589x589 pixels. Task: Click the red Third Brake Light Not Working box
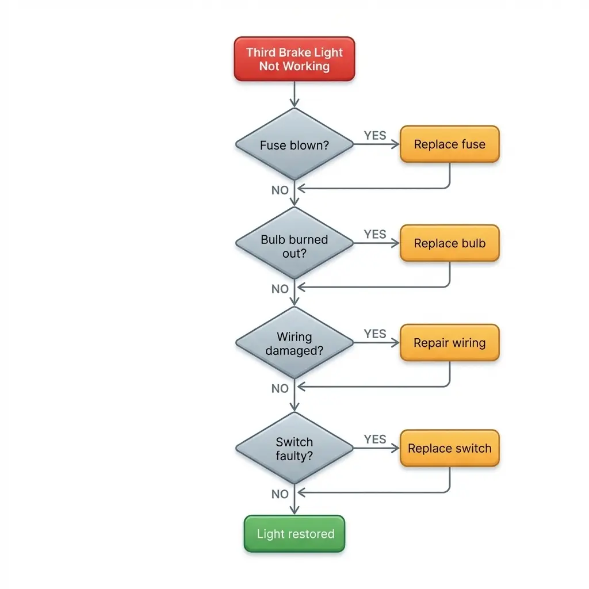[x=294, y=59]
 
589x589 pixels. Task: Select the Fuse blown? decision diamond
[x=294, y=144]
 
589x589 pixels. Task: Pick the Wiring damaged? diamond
[x=294, y=343]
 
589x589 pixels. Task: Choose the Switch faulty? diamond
[x=294, y=449]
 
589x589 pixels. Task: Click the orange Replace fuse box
[x=449, y=144]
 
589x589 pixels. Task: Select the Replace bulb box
[x=449, y=243]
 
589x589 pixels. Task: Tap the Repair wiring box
[x=449, y=343]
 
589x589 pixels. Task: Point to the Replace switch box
[x=449, y=449]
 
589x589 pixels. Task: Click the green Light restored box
[x=294, y=534]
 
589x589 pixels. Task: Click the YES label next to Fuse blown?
[x=375, y=135]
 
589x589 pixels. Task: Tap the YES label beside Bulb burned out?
[x=375, y=234]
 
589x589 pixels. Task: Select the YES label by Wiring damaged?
[x=375, y=334]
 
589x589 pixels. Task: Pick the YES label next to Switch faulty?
[x=375, y=439]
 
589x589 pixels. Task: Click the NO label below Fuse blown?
[x=280, y=190]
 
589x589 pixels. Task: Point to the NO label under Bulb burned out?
[x=280, y=289]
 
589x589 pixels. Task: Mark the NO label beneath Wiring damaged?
[x=280, y=389]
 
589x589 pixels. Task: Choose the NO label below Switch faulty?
[x=280, y=494]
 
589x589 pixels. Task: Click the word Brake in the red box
[x=294, y=52]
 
